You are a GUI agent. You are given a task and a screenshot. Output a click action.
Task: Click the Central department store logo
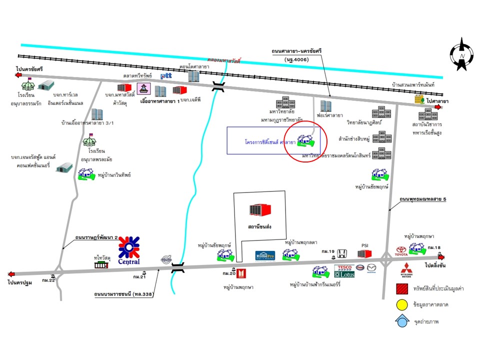[x=129, y=250]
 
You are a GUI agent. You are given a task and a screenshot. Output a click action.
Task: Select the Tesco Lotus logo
[x=344, y=271]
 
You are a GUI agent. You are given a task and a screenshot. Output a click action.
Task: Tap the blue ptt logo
[x=166, y=76]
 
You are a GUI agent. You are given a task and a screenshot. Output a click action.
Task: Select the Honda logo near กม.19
[x=342, y=253]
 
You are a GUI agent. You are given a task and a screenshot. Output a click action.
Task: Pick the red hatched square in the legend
[x=400, y=289]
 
